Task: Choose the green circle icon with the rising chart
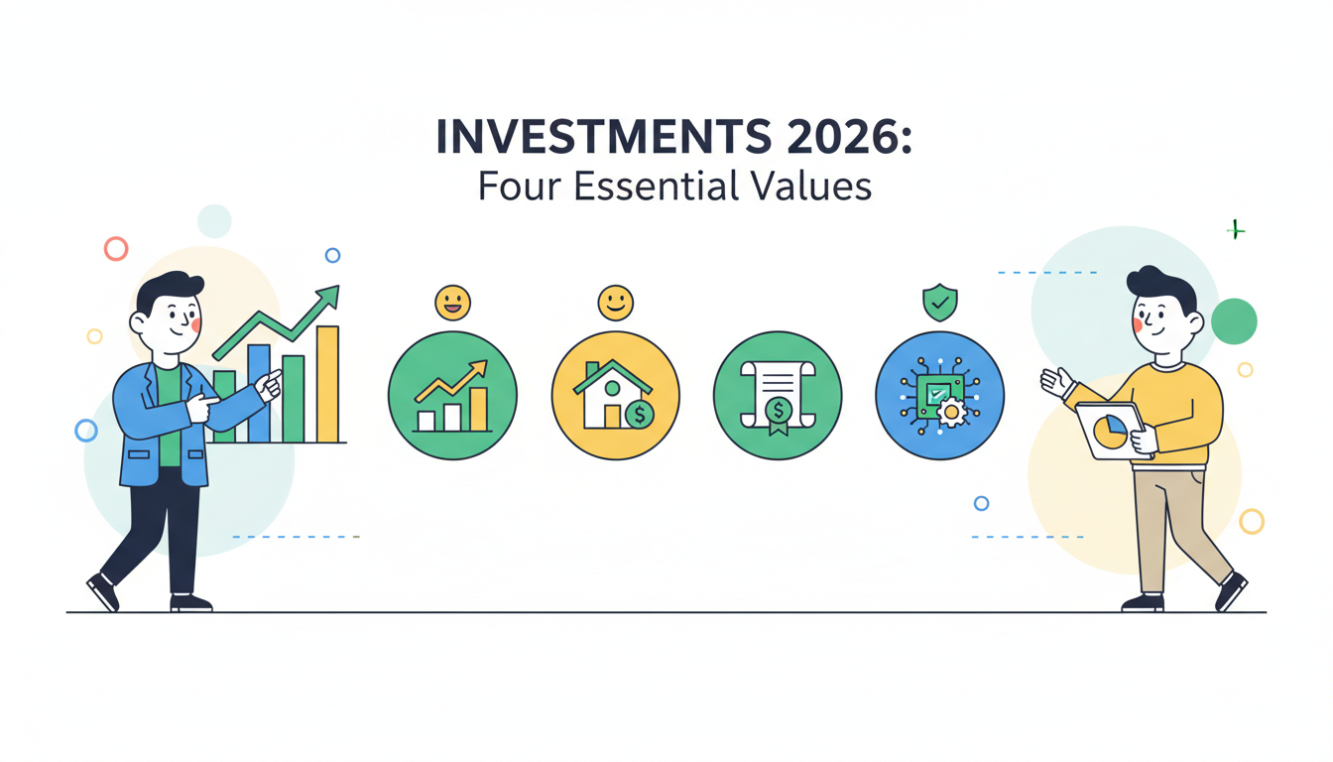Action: coord(452,395)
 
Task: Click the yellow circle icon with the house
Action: coord(615,395)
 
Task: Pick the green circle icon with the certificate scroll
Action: coord(778,395)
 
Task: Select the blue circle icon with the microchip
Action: coord(940,395)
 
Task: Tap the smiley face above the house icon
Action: coord(615,302)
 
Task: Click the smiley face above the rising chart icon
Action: coord(452,302)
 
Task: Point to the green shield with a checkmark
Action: coord(940,302)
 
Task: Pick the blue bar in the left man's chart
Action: coord(259,393)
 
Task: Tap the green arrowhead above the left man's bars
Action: coord(328,296)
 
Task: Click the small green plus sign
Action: coord(1236,230)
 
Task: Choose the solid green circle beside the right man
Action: coord(1234,321)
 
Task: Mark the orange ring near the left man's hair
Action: coord(116,248)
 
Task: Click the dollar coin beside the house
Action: coord(640,415)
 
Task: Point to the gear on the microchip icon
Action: coord(952,412)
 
